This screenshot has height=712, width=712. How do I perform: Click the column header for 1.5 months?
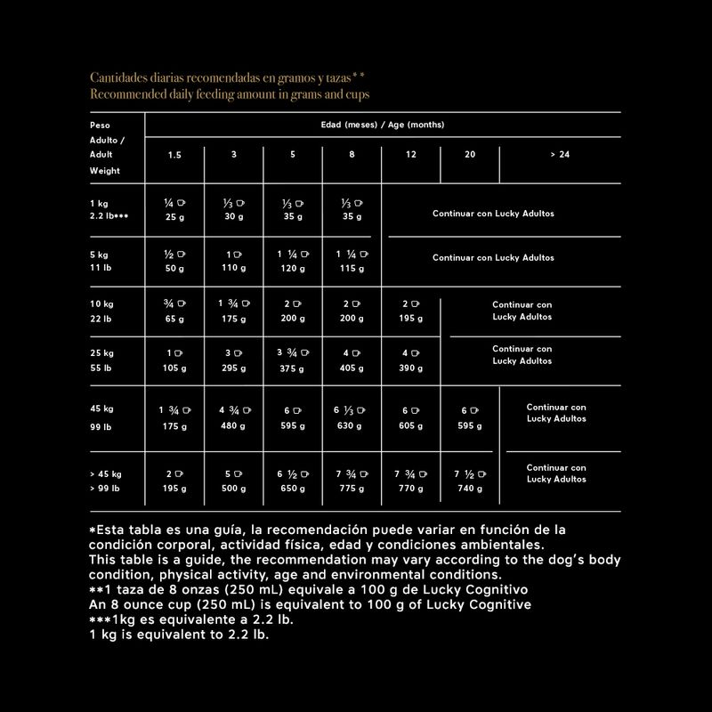click(174, 154)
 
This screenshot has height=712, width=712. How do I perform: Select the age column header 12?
click(410, 154)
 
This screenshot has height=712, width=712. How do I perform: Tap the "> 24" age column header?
click(559, 154)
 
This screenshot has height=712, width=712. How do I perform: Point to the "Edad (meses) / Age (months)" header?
click(382, 125)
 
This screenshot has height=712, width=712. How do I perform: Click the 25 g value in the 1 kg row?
click(174, 216)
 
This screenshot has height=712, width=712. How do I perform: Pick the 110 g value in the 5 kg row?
click(234, 268)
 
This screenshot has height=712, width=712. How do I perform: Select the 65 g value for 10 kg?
click(174, 318)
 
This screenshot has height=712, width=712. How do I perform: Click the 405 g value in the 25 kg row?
click(352, 368)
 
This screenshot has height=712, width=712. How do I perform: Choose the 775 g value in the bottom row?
click(352, 489)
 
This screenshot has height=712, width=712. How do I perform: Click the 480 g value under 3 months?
click(234, 425)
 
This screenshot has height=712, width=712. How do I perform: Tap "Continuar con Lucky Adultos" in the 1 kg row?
click(493, 214)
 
